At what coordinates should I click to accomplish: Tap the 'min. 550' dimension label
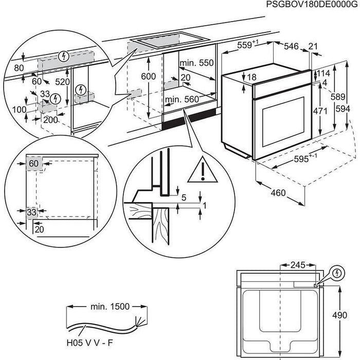click(196, 63)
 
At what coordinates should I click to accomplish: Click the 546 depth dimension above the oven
click(292, 46)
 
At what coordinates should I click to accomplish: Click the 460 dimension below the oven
click(278, 194)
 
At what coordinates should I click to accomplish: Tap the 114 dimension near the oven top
click(322, 73)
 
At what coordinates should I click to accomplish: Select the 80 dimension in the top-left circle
click(19, 67)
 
